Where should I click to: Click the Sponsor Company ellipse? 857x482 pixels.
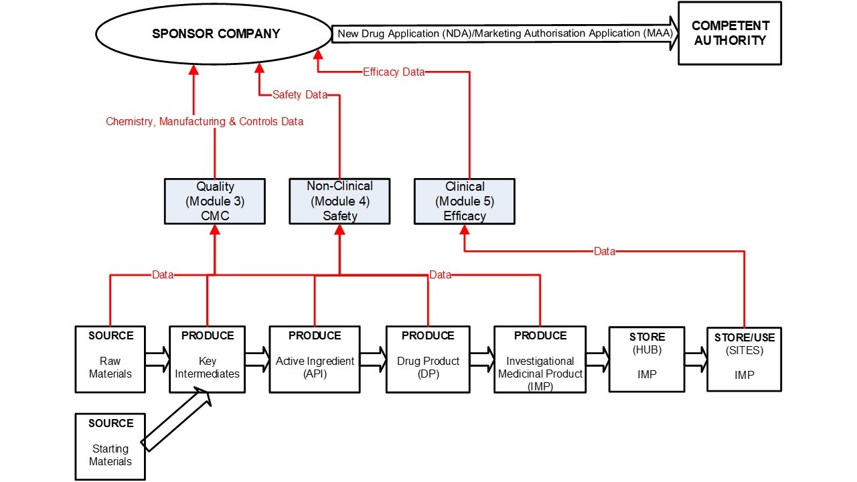click(214, 33)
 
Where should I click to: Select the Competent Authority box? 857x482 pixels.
click(729, 33)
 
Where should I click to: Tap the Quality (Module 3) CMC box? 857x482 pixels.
click(214, 201)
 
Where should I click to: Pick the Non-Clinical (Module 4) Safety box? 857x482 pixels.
click(339, 201)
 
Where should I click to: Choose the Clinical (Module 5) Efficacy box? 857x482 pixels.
click(465, 201)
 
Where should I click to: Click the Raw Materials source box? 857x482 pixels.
click(110, 359)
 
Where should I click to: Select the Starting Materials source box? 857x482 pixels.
click(110, 447)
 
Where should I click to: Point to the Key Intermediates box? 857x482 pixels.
click(207, 359)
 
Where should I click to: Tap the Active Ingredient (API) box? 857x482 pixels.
click(315, 359)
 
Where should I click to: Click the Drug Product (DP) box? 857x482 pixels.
click(428, 359)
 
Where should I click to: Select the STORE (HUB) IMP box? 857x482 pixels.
click(647, 359)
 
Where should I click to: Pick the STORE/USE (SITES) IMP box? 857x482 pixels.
click(744, 359)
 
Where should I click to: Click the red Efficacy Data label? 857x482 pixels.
click(394, 72)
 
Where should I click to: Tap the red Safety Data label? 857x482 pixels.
click(299, 95)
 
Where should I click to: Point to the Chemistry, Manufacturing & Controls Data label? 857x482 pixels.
click(204, 122)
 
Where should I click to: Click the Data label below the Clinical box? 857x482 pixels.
click(605, 252)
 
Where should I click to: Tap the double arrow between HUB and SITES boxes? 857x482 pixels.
click(696, 359)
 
